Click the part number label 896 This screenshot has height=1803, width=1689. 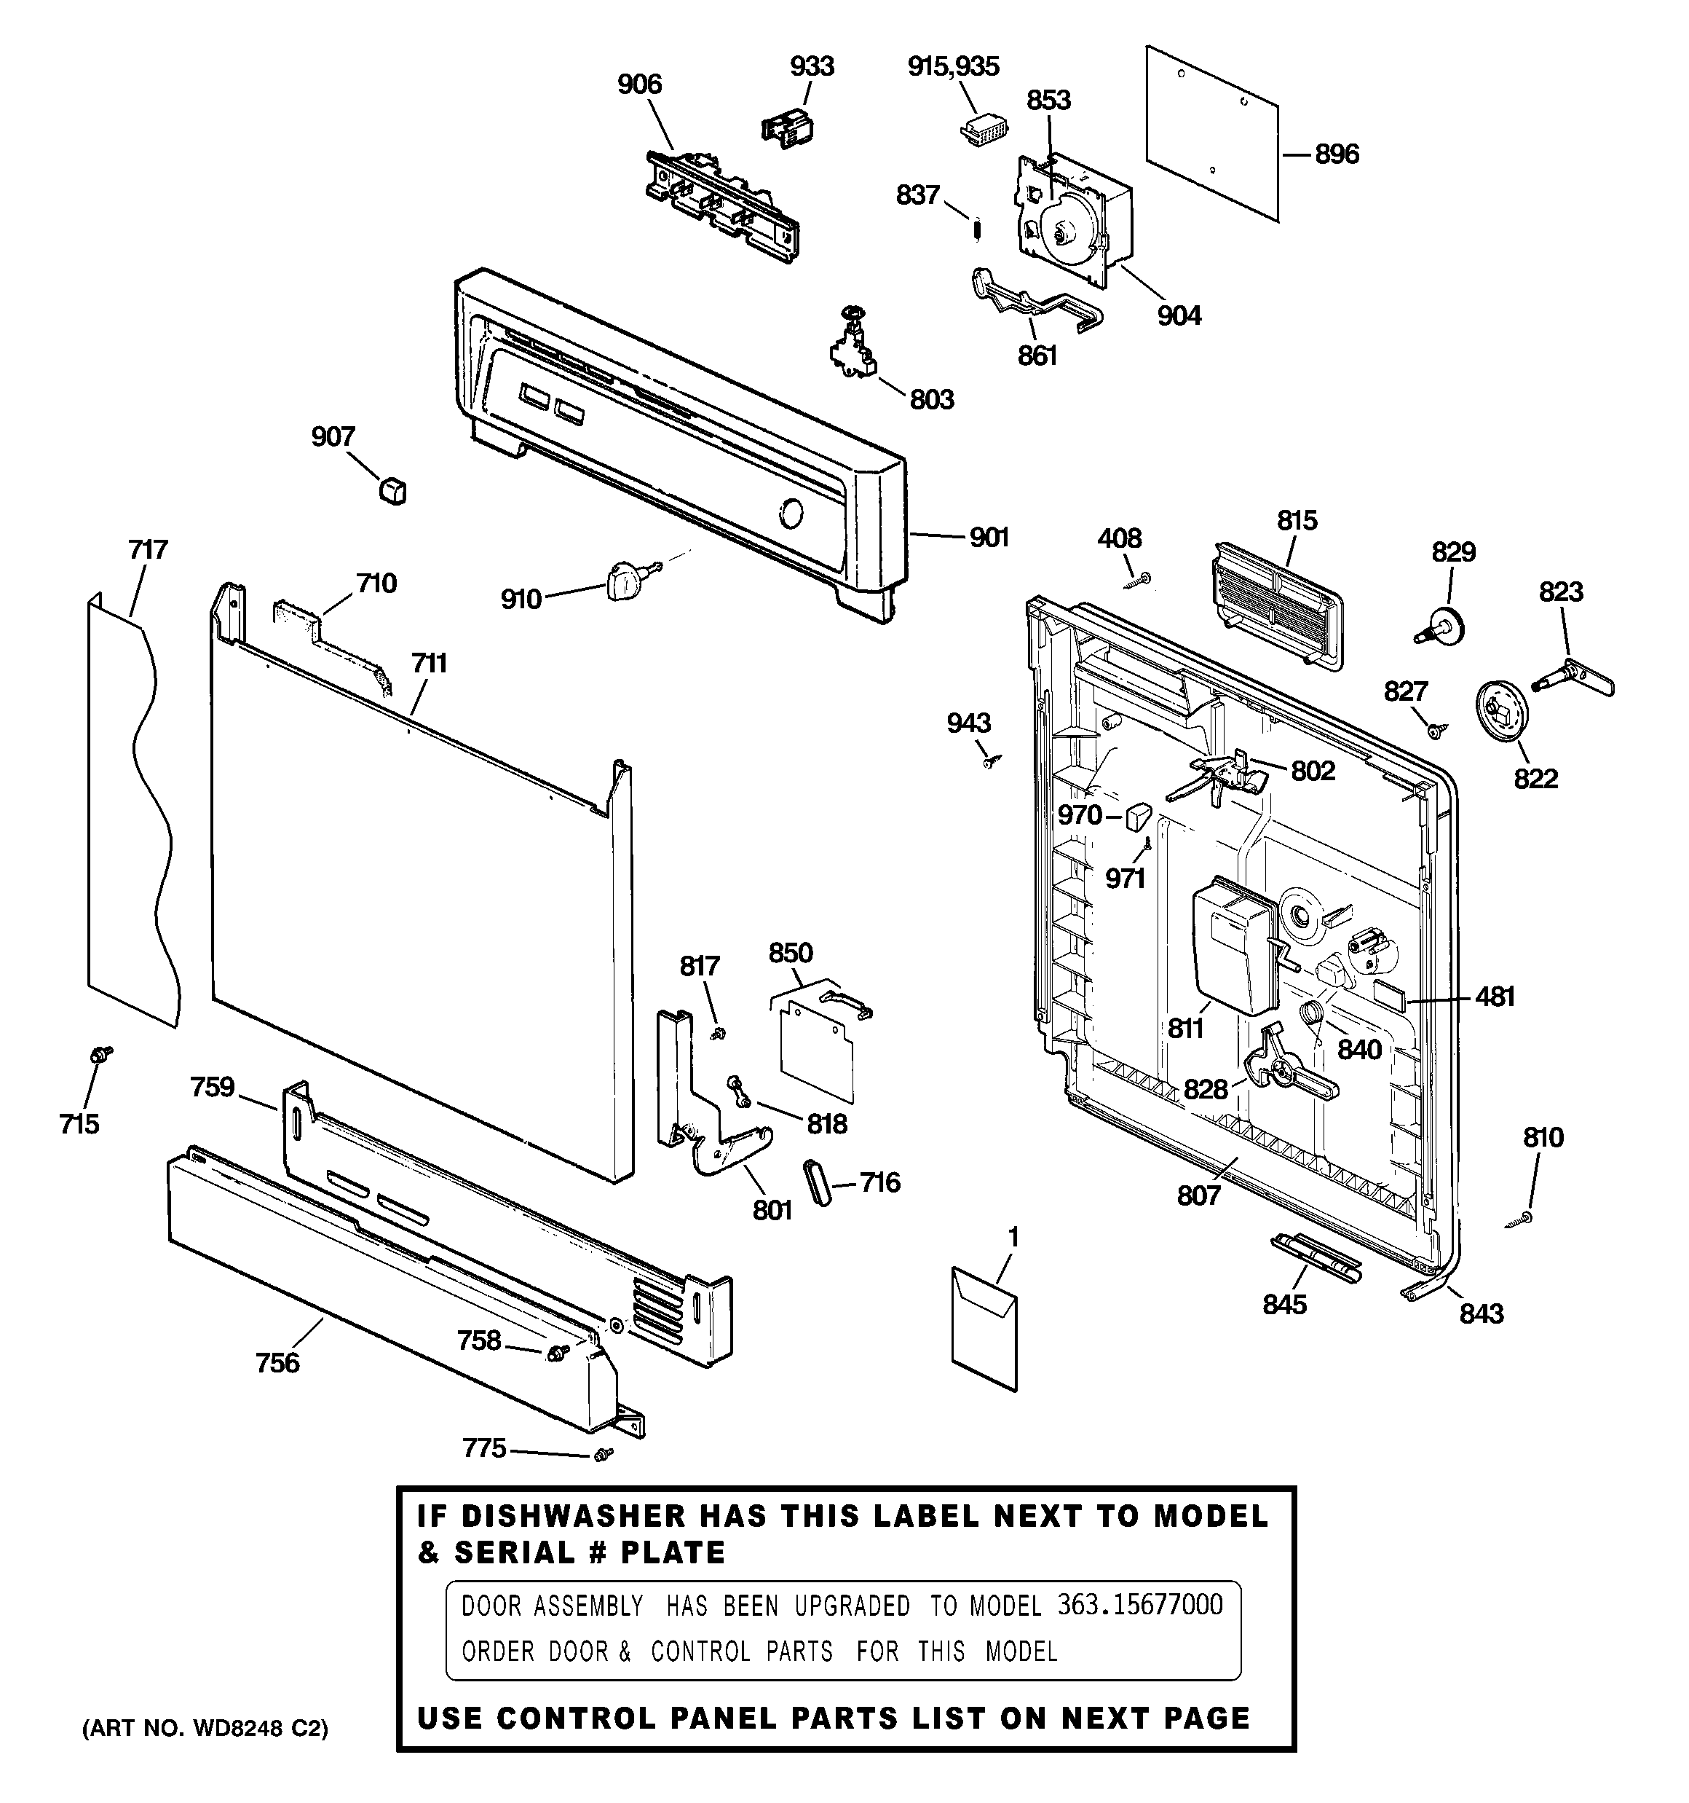point(1337,154)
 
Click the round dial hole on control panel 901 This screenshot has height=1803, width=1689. point(791,514)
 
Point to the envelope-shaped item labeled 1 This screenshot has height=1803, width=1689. point(984,1329)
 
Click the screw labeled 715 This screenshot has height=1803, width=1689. point(100,1055)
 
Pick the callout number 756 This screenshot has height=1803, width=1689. point(277,1362)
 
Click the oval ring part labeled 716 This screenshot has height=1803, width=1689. point(817,1182)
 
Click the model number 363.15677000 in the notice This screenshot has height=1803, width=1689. point(1139,1606)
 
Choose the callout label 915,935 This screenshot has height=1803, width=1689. point(953,66)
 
